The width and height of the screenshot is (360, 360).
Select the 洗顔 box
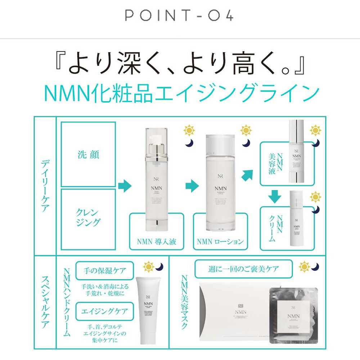click(88, 154)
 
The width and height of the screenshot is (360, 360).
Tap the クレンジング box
click(88, 217)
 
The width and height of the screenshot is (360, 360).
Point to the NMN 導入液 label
click(156, 241)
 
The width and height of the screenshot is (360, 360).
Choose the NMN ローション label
click(220, 241)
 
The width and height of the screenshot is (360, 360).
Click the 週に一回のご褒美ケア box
click(243, 268)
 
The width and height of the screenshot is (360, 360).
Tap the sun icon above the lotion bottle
click(246, 130)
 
